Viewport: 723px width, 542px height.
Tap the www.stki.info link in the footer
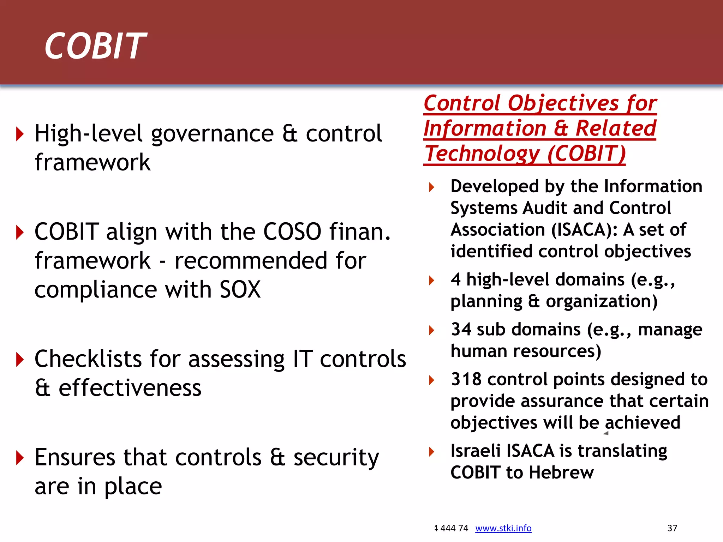pos(503,528)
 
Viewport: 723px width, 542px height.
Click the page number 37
pos(672,528)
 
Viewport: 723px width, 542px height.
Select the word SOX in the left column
pos(240,289)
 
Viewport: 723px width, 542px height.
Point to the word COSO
pos(292,232)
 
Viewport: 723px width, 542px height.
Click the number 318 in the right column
pos(466,379)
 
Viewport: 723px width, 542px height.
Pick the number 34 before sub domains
pos(461,329)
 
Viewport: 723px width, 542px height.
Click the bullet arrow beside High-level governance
pos(20,134)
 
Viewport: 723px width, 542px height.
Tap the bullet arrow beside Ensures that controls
pos(20,458)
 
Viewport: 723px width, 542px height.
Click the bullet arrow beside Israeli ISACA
pos(431,451)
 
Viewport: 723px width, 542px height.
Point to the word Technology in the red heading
pos(482,154)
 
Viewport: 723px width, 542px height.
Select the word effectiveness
pos(130,388)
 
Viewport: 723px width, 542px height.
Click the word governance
pos(213,134)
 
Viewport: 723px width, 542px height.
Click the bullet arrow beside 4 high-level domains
pos(431,281)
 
